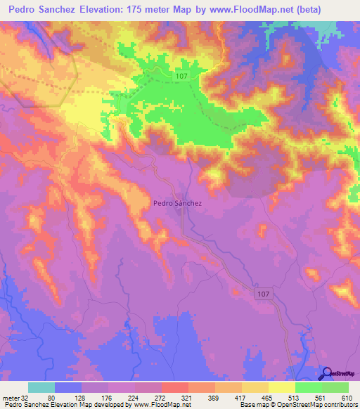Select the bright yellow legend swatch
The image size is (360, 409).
(281, 387)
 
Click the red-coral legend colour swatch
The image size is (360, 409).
(174, 387)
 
